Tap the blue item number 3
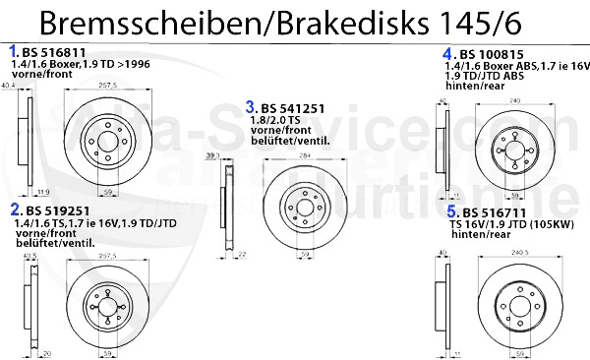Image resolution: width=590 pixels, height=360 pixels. pyautogui.click(x=252, y=106)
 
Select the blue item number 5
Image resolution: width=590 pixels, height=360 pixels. pyautogui.click(x=450, y=211)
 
